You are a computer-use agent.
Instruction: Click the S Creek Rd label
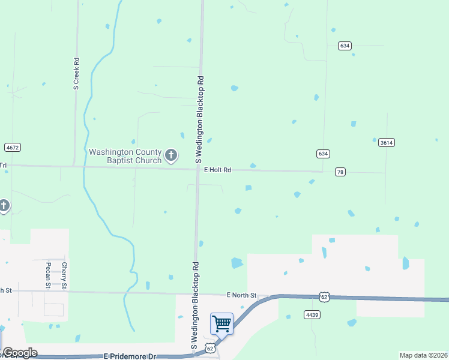click(x=76, y=74)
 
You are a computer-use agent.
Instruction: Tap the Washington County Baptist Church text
click(x=125, y=156)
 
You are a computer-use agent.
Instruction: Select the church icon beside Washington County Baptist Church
click(x=171, y=156)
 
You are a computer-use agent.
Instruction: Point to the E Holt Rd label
click(x=217, y=170)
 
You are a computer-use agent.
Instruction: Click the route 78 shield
click(x=340, y=172)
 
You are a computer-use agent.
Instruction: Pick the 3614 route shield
click(x=386, y=143)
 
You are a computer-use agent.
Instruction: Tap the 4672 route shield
click(x=12, y=147)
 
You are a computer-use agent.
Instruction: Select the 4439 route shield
click(x=311, y=314)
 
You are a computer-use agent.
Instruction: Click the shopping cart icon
click(x=221, y=324)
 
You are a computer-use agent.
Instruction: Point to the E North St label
click(x=241, y=295)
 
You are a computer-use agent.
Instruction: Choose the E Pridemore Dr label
click(x=130, y=356)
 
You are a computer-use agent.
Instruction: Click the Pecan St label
click(x=49, y=275)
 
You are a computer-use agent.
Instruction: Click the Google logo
click(x=20, y=353)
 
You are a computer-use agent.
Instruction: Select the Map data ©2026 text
click(x=423, y=355)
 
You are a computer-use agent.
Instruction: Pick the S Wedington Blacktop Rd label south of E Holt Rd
click(x=194, y=306)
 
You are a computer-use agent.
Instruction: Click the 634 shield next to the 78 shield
click(x=323, y=154)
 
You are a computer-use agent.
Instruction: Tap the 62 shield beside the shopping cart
click(x=209, y=347)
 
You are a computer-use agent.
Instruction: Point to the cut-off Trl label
click(x=3, y=165)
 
